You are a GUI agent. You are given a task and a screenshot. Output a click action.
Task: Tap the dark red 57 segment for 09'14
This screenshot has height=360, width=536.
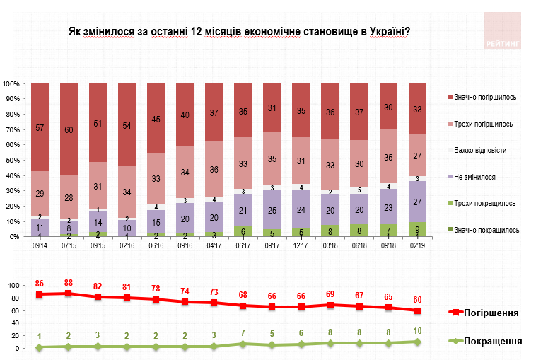point(40,127)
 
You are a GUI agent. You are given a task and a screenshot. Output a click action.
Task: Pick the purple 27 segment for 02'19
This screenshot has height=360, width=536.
point(419,202)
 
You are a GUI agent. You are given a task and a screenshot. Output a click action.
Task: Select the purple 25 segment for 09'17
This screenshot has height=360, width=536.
point(272,211)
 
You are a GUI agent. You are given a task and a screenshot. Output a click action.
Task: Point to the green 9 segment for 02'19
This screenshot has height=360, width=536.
point(419,228)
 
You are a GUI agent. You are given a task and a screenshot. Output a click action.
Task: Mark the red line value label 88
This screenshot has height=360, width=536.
point(69,284)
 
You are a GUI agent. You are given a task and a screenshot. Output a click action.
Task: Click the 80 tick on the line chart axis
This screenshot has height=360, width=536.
point(13,298)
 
